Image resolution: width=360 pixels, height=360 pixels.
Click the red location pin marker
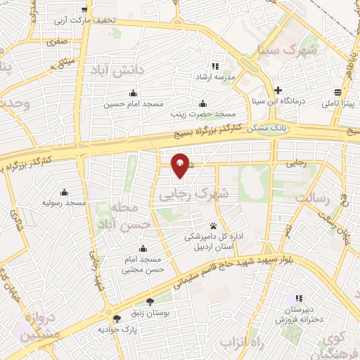181,165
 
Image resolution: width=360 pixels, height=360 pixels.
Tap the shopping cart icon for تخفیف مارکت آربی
85,10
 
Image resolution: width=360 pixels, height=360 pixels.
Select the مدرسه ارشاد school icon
215,67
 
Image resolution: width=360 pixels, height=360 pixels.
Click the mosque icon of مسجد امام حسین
133,94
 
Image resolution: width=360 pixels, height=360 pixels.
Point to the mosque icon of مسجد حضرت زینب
203,103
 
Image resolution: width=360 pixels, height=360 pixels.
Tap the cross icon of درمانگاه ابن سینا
279,91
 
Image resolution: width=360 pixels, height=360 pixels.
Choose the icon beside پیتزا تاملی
338,93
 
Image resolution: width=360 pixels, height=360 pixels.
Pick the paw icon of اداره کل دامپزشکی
212,226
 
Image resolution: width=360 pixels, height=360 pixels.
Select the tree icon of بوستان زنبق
150,301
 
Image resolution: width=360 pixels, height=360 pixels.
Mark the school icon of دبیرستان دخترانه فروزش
299,297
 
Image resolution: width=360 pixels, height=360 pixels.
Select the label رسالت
311,199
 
